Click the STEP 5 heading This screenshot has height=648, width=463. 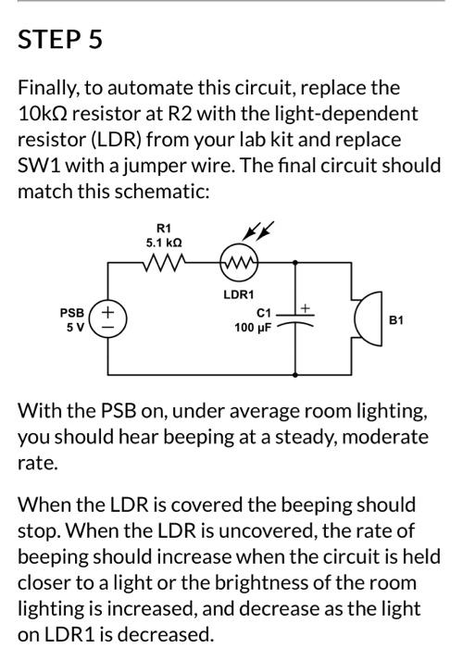(60, 41)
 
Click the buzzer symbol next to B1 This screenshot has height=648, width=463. (366, 319)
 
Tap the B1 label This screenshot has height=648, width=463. (396, 320)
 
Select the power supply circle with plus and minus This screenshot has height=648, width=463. (107, 320)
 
